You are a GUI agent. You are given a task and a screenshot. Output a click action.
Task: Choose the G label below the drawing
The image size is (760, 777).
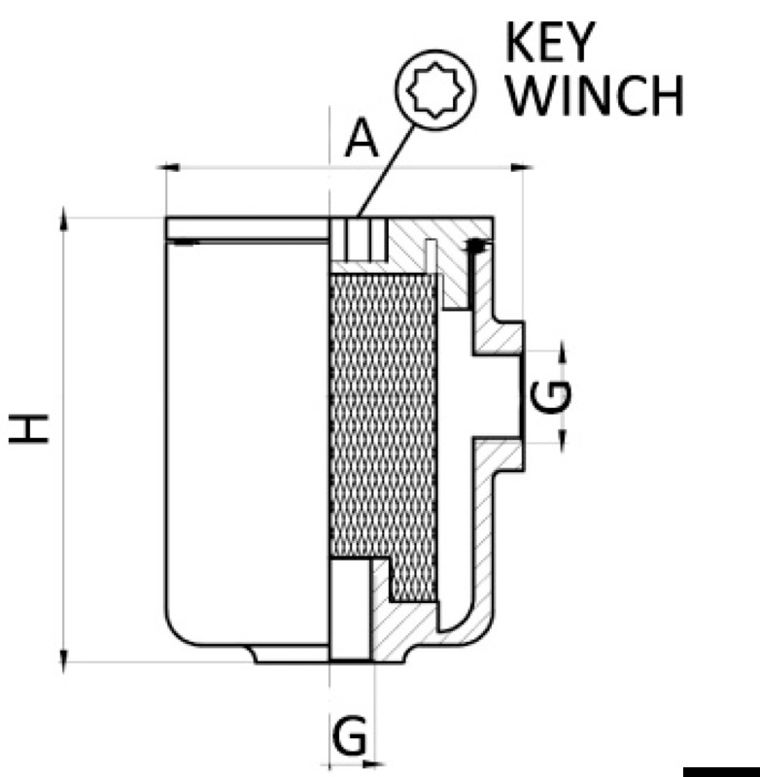pos(350,738)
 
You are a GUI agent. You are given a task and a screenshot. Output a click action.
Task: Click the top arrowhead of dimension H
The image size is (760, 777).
pos(64,219)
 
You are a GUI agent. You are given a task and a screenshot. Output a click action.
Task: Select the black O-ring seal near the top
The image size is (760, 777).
pos(475,247)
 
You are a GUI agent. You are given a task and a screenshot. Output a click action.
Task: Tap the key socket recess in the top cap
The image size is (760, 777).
pos(359,239)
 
